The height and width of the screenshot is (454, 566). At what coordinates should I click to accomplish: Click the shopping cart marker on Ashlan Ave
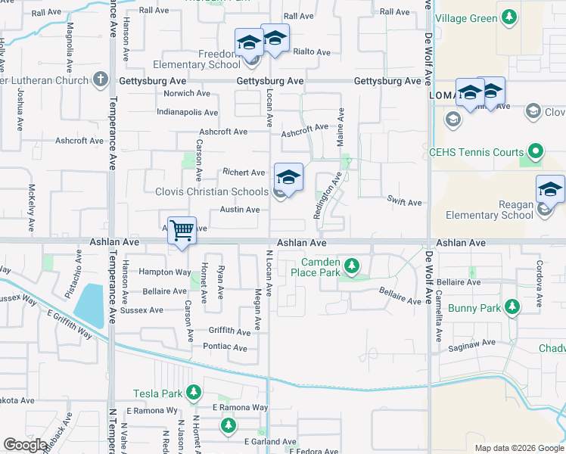tap(182, 230)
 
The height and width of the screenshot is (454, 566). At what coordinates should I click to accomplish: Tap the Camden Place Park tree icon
tap(351, 266)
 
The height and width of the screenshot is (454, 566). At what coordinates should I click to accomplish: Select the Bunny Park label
tap(474, 308)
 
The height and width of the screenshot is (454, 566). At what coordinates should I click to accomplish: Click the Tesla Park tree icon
tap(194, 393)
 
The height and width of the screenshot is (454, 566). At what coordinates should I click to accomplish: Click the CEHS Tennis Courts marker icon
tap(536, 151)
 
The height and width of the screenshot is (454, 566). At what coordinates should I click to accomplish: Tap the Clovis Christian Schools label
tap(212, 192)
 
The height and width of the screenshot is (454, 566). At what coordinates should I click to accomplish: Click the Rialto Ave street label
tap(313, 52)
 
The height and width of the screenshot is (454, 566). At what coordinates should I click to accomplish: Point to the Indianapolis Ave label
tap(187, 113)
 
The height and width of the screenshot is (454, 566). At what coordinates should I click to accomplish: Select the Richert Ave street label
tap(243, 173)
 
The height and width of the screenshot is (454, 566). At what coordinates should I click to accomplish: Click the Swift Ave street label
tap(404, 203)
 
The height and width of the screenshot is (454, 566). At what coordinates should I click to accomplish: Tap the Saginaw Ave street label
tap(472, 343)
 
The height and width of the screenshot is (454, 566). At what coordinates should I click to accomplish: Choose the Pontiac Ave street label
tap(225, 348)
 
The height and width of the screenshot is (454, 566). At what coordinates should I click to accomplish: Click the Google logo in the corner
tap(25, 445)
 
